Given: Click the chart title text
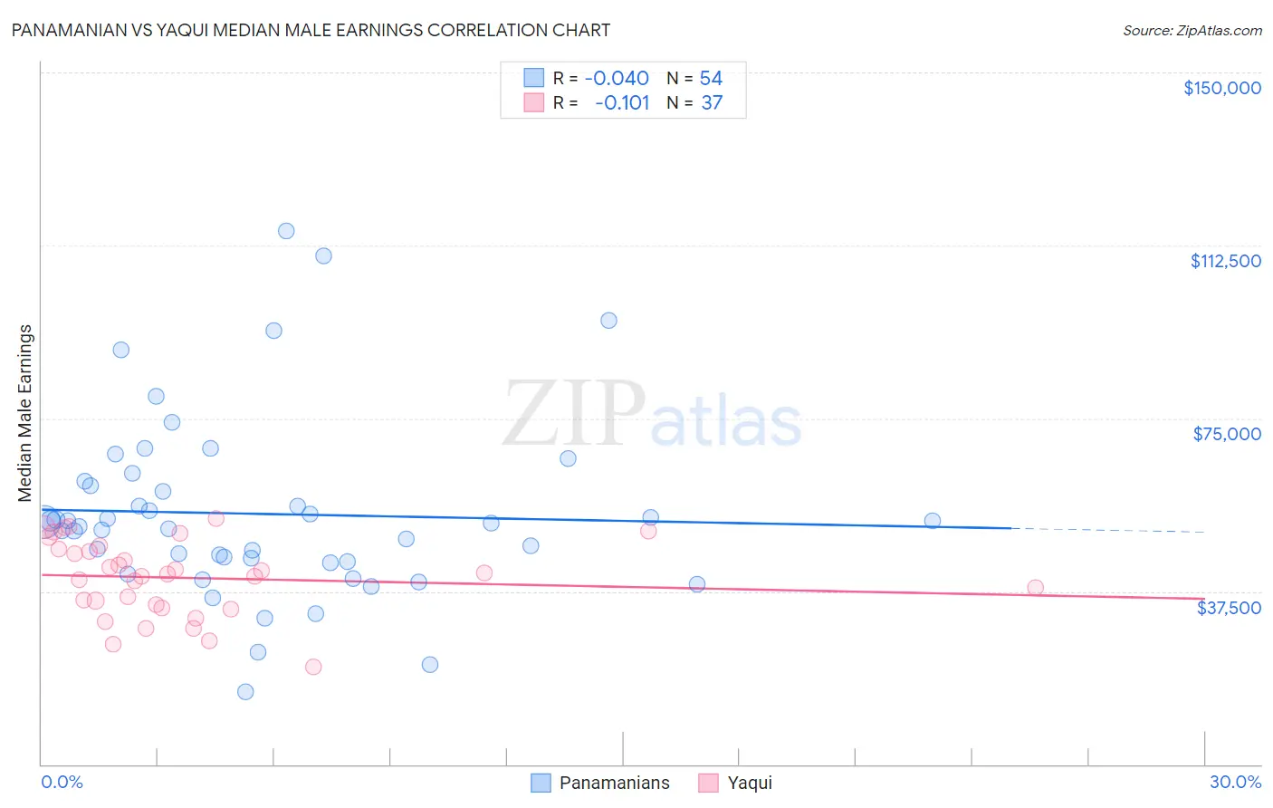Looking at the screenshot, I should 311,30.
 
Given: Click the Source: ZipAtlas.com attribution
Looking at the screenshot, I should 1192,30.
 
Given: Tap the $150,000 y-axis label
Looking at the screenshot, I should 1221,88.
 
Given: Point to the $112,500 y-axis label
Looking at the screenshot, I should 1225,261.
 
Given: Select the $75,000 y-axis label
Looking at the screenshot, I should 1226,434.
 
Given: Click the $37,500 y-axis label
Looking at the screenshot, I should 1228,608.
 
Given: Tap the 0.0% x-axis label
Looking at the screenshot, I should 62,782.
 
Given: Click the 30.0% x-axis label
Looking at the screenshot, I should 1235,782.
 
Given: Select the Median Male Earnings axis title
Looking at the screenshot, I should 25,413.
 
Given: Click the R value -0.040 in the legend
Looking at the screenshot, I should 617,79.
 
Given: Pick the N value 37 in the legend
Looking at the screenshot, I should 712,103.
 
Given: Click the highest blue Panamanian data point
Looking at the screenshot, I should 286,231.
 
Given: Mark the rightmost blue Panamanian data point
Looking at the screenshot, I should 932,521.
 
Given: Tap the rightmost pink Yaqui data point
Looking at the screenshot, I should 1035,588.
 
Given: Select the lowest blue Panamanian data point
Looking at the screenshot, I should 245,692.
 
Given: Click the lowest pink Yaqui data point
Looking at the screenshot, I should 313,667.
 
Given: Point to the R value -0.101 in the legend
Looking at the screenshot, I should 622,103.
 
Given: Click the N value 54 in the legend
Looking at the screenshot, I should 711,79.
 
